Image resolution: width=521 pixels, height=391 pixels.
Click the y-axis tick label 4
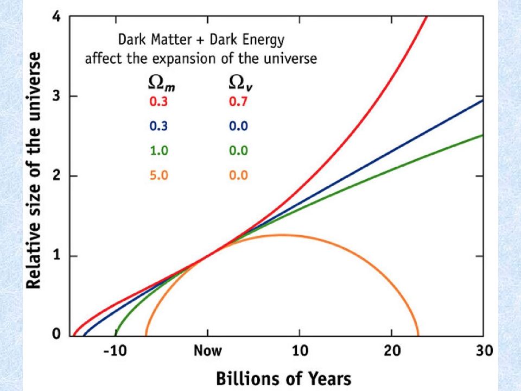coord(56,16)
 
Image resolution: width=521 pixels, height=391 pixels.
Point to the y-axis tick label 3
coord(56,96)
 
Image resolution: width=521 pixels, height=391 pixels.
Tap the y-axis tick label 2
coord(56,176)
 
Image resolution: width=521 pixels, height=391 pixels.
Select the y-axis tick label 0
coord(56,335)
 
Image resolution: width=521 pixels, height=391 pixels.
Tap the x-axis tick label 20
coord(391,351)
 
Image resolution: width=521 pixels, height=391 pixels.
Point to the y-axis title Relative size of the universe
coord(34,171)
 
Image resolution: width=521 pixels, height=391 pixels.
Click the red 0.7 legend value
coord(237,102)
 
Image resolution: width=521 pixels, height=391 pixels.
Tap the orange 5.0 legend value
coord(158,175)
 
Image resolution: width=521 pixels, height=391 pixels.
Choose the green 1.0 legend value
coord(158,151)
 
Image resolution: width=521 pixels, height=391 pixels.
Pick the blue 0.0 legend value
coord(237,126)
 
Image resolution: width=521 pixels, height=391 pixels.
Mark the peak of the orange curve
coord(281,235)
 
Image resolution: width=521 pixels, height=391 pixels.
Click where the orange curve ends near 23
coord(417,334)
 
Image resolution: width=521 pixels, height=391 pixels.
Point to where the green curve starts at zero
coord(115,334)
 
